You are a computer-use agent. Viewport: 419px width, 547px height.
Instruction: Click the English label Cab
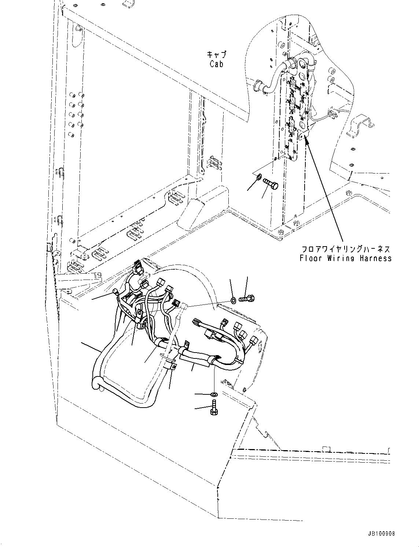pos(217,63)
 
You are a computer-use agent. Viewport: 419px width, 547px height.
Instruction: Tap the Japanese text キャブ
pos(217,55)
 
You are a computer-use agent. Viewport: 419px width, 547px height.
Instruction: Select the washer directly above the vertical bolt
pos(214,394)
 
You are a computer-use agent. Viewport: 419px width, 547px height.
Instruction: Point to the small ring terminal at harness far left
pos(115,292)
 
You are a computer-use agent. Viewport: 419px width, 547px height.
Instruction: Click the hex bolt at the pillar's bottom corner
pos(281,232)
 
